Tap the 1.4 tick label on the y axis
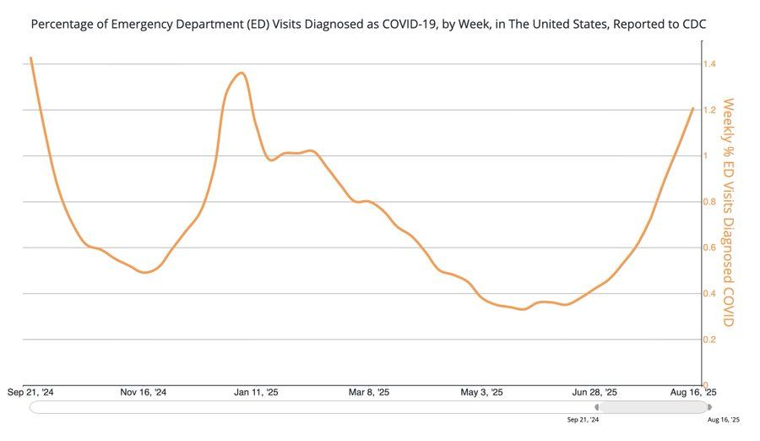pos(710,64)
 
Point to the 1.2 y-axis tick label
pos(710,111)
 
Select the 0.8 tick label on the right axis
pos(710,202)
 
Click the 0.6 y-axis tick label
pos(710,248)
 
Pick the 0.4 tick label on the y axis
pos(710,294)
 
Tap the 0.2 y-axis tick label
pos(710,340)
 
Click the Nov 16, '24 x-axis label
pos(144,392)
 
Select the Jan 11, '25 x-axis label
pos(256,392)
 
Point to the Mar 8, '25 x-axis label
pos(369,392)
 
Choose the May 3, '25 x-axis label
pos(481,392)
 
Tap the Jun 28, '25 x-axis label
pos(594,392)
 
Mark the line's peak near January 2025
pos(242,73)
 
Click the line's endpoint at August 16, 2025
pos(693,108)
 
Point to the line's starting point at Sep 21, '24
pos(30,57)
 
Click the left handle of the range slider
pos(598,406)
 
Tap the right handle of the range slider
pos(708,406)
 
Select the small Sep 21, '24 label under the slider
pos(584,419)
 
